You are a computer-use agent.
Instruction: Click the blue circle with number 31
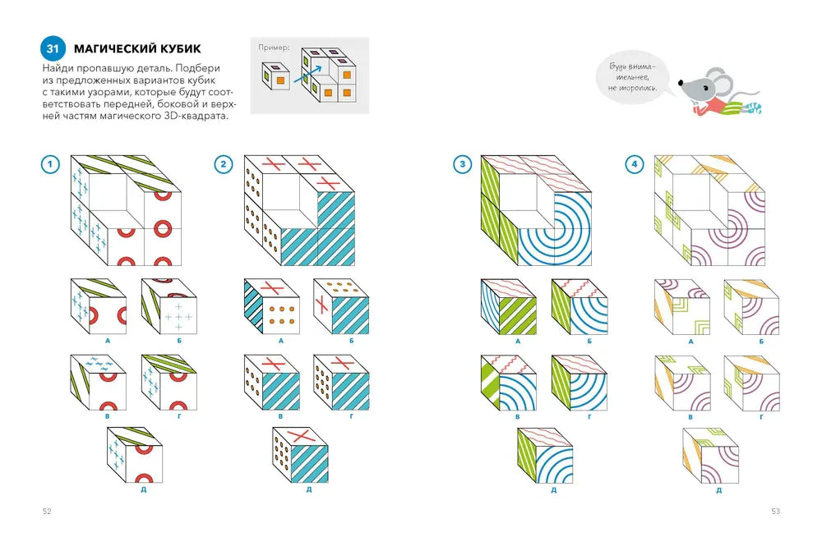tap(53, 48)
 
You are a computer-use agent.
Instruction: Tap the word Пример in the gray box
tap(273, 47)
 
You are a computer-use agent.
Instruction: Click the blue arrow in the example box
tap(307, 74)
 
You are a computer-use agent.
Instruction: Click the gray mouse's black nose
tap(681, 83)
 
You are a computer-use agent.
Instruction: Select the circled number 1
tap(50, 164)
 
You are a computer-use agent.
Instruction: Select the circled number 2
tap(224, 164)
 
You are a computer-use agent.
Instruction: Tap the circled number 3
tap(462, 164)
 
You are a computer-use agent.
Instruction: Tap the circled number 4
tap(635, 164)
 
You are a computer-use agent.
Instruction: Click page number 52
tap(47, 512)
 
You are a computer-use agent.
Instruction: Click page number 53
tap(775, 512)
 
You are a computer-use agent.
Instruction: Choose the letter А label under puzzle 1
tap(108, 341)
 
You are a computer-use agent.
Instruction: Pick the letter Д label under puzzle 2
tap(309, 489)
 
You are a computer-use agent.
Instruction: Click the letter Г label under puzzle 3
tap(589, 416)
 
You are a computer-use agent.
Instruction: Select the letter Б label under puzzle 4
tap(761, 341)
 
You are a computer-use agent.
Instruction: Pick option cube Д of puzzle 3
tap(545, 456)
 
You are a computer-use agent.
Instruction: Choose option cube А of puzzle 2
tap(272, 306)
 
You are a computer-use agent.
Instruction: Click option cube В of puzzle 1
tap(99, 383)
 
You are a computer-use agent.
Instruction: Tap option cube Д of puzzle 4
tap(710, 456)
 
